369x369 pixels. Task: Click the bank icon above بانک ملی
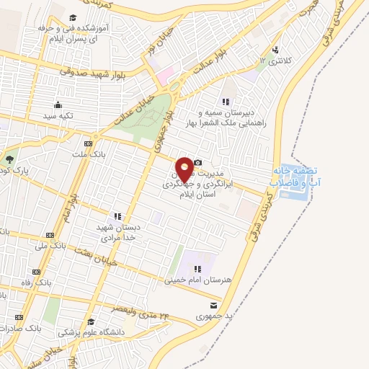pyautogui.click(x=50, y=235)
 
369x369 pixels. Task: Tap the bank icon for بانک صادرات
pyautogui.click(x=19, y=316)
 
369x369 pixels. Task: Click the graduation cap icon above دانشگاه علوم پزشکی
pyautogui.click(x=91, y=321)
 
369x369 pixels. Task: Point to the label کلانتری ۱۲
pyautogui.click(x=277, y=62)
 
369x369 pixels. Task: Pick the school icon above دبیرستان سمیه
pyautogui.click(x=226, y=102)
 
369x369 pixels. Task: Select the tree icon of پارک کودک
pyautogui.click(x=9, y=160)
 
